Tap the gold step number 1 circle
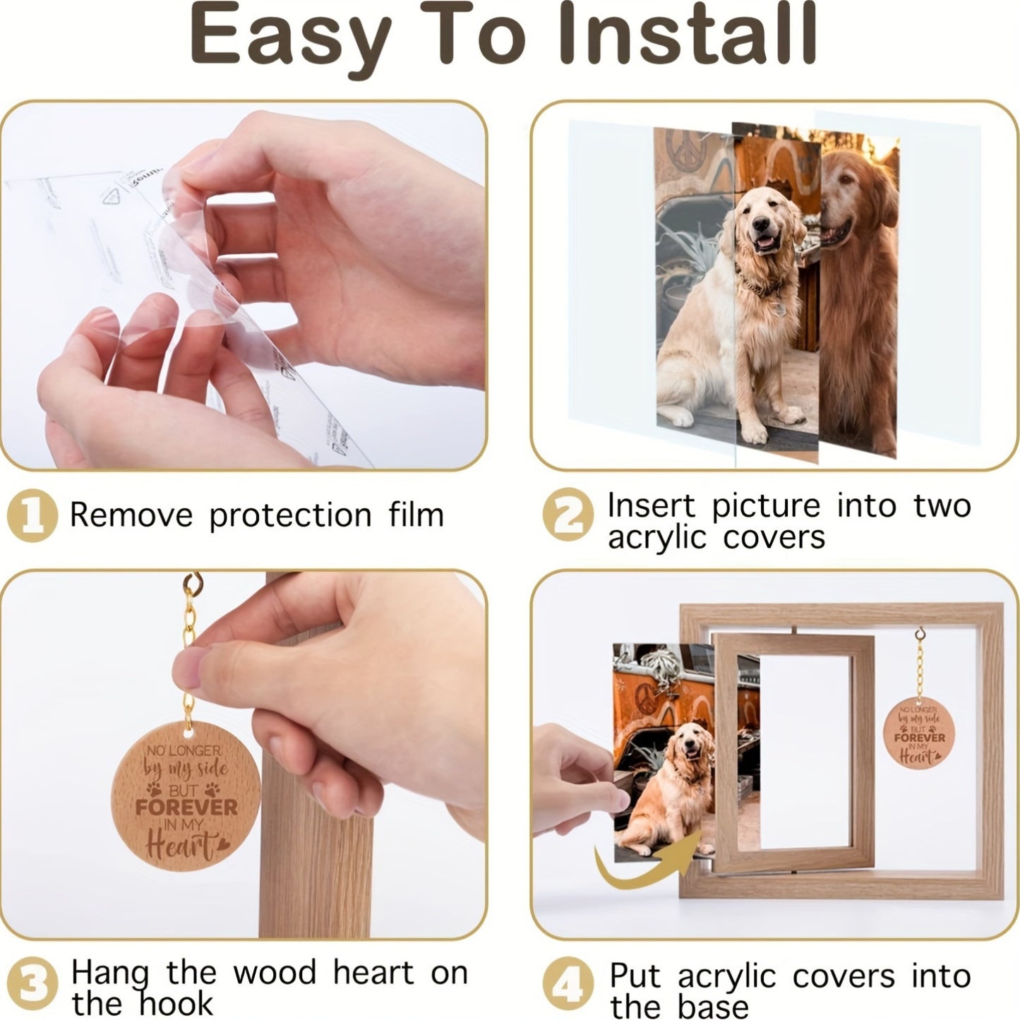[32, 515]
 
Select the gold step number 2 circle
[568, 515]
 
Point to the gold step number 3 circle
[32, 984]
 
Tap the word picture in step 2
[765, 505]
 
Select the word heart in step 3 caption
[373, 973]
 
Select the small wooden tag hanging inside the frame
[918, 733]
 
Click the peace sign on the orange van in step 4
[647, 697]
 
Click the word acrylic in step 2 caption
[656, 538]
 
